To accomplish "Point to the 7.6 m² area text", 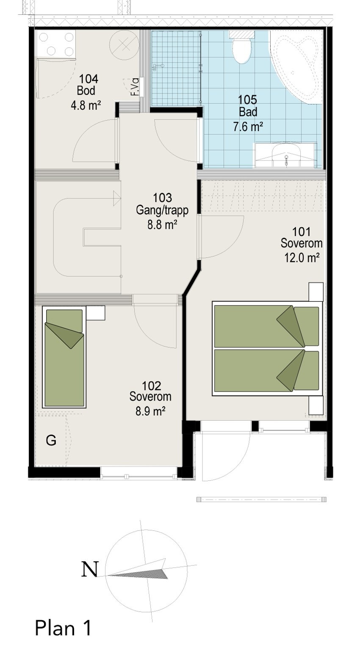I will click(x=248, y=126).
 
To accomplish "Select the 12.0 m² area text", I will click(x=301, y=257).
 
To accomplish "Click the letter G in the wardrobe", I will click(x=51, y=441).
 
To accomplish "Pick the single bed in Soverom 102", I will click(x=64, y=358).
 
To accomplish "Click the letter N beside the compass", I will click(x=89, y=569).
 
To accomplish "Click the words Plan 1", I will click(x=63, y=628).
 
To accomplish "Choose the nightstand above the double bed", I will click(x=316, y=292).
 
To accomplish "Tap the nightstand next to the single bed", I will click(x=96, y=313).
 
